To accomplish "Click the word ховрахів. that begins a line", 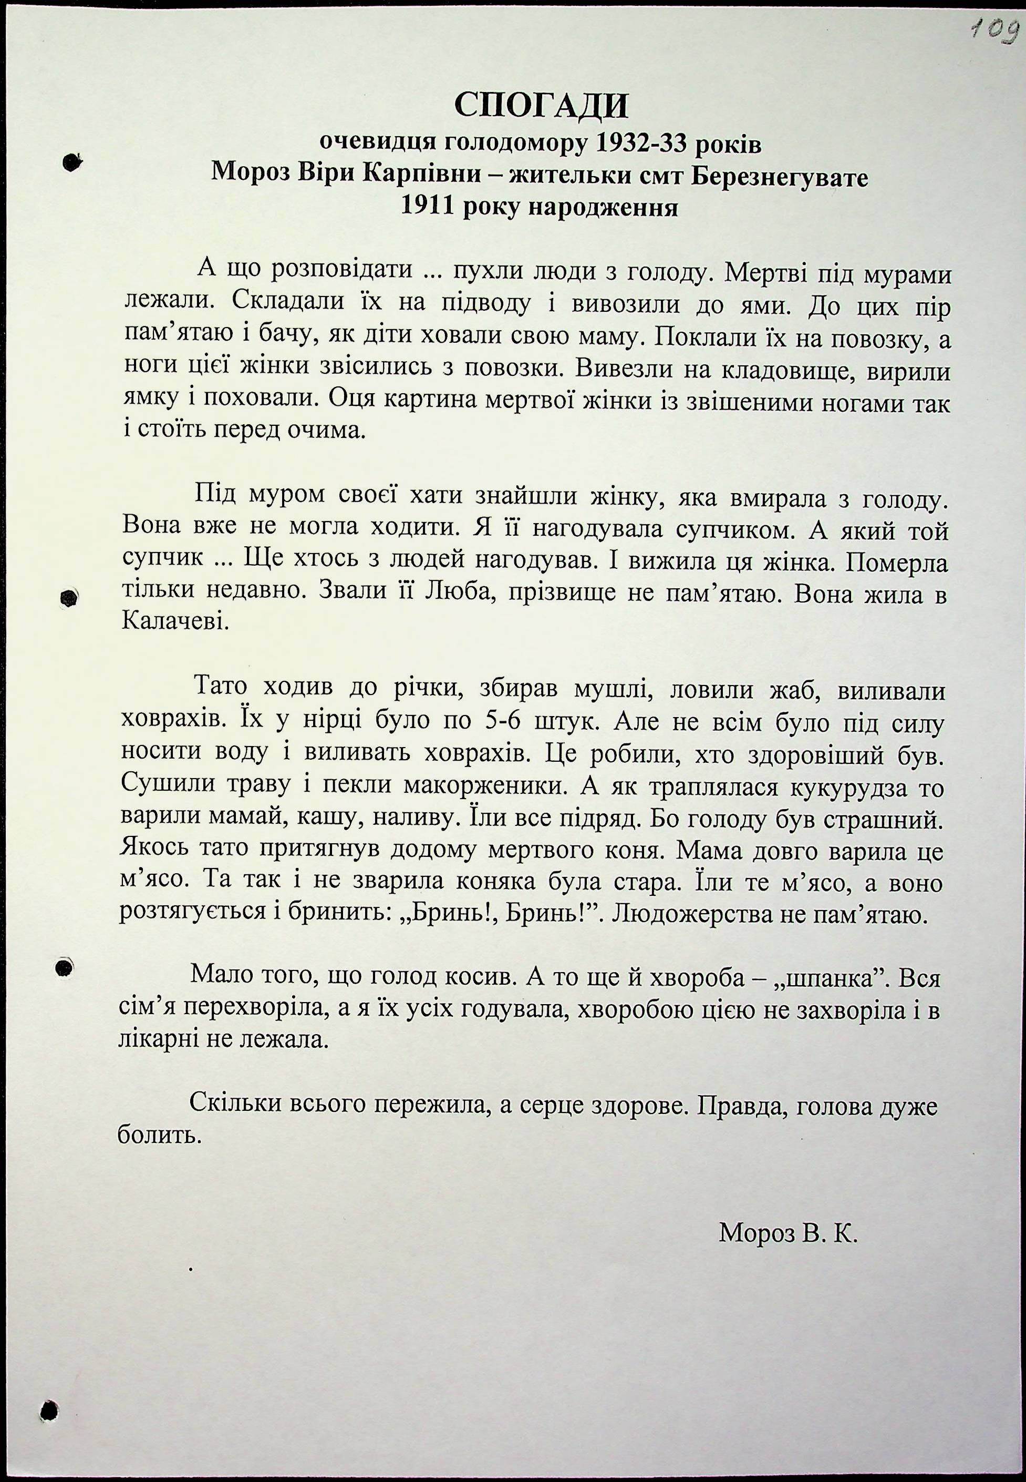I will tap(172, 722).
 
